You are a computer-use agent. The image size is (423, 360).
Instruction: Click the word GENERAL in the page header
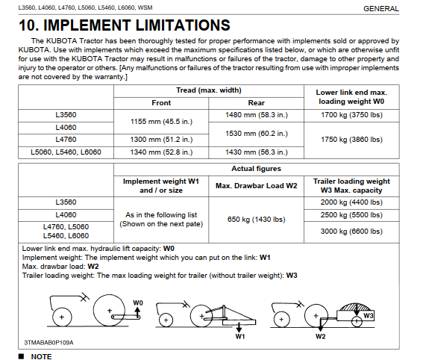381,9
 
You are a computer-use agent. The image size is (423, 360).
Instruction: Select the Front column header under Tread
161,103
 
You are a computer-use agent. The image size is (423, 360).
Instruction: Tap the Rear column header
257,103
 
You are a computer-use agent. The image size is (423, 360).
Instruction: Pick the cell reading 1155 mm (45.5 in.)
161,122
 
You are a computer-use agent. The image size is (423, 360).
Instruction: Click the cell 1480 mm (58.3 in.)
257,115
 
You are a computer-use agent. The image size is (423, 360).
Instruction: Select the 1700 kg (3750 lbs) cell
351,115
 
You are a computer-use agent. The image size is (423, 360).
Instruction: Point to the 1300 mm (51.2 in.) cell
161,140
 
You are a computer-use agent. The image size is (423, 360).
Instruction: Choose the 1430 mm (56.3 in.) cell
257,152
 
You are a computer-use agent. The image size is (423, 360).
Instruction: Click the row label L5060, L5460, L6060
66,152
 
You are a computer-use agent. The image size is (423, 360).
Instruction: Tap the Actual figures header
257,169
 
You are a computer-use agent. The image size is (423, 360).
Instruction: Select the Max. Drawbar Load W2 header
257,186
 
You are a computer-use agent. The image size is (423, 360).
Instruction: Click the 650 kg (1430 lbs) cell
257,220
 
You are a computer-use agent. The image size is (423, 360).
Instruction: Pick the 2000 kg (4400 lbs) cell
351,202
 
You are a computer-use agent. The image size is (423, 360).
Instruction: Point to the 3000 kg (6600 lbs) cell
351,232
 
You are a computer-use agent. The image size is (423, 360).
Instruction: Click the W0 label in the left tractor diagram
138,302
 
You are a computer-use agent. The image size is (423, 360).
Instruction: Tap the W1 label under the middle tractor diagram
239,337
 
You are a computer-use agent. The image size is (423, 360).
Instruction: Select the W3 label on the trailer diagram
369,315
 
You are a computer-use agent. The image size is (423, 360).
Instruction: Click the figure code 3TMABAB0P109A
48,343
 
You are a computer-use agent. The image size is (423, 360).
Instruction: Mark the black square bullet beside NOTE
21,356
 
